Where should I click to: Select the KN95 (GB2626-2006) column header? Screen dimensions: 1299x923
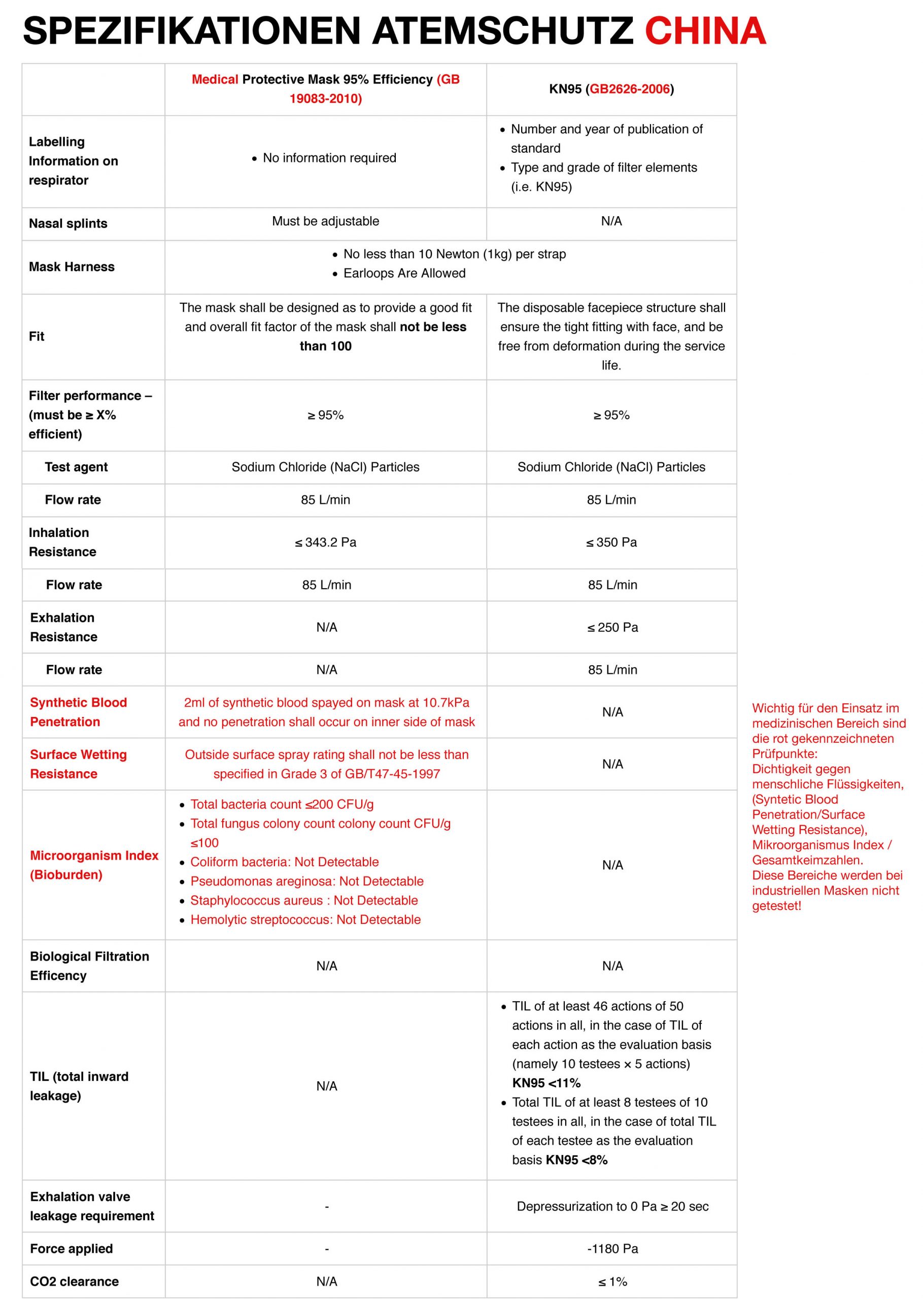[x=611, y=89]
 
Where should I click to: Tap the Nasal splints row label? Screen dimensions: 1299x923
[x=68, y=223]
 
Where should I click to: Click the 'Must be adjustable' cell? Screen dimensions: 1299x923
[x=325, y=221]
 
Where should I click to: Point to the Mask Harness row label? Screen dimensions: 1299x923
[x=72, y=266]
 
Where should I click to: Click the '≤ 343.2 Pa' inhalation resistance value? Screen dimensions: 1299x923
[x=325, y=542]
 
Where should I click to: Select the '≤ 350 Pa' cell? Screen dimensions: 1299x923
[x=611, y=542]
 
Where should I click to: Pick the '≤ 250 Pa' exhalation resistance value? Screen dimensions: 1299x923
[x=612, y=627]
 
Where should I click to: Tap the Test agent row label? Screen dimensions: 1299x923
[x=76, y=467]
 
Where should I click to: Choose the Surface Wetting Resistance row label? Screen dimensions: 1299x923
[x=79, y=764]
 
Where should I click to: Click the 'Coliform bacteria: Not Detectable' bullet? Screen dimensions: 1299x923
[x=284, y=862]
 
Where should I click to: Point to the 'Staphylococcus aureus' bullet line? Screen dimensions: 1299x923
[x=303, y=901]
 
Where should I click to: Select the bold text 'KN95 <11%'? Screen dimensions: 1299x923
[x=546, y=1083]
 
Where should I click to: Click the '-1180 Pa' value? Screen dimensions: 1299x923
[x=612, y=1248]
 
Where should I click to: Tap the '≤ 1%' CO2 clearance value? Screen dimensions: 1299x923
[x=612, y=1281]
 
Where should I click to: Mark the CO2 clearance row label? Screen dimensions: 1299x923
[x=75, y=1281]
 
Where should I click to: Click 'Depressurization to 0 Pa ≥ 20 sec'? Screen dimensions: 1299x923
[x=612, y=1206]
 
